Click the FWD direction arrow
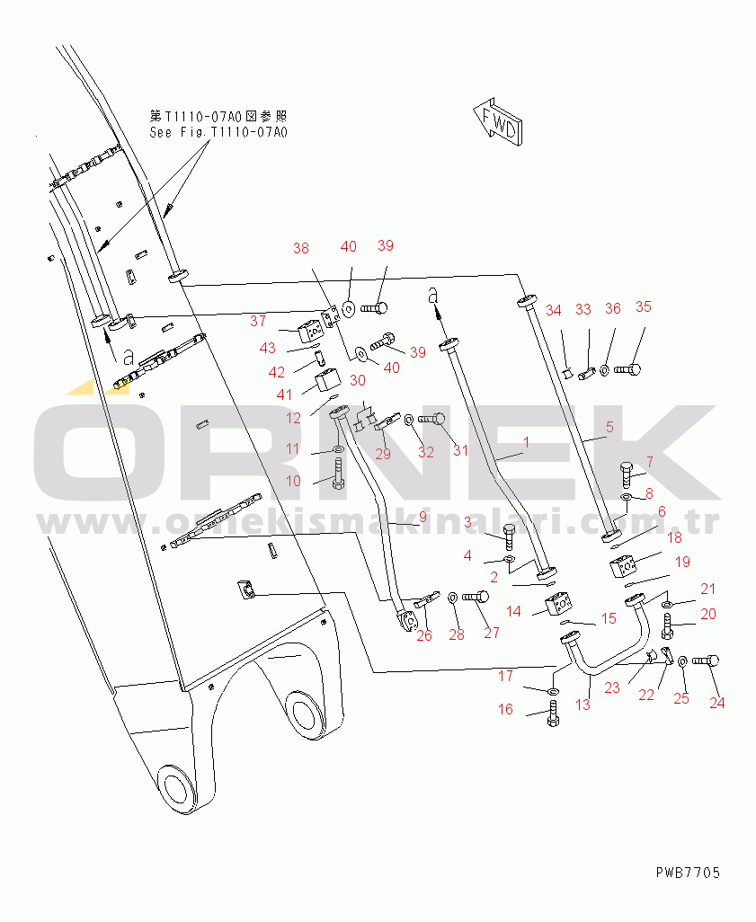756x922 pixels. [x=495, y=121]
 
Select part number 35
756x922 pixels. [x=643, y=306]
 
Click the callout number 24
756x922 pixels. [x=716, y=703]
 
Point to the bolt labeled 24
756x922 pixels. [x=703, y=661]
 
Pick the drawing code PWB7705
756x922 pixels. [x=688, y=873]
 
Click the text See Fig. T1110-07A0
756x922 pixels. [x=218, y=133]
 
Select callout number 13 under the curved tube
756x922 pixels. [x=583, y=705]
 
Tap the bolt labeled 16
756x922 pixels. [x=552, y=716]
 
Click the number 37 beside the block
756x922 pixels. [x=258, y=321]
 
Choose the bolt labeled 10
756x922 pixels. [x=338, y=473]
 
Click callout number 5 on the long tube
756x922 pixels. [x=609, y=428]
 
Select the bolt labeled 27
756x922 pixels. [x=477, y=596]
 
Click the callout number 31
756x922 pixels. [x=460, y=450]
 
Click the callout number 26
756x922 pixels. [x=424, y=635]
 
